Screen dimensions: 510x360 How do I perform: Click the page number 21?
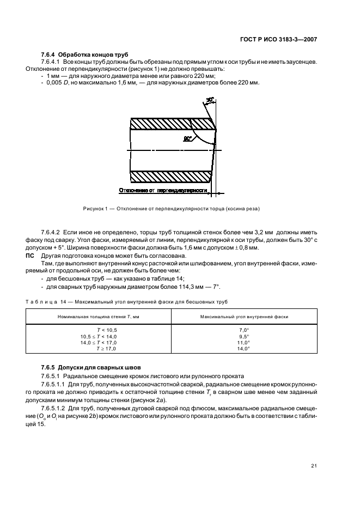click(314, 465)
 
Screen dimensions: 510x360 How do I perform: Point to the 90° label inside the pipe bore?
click(188, 139)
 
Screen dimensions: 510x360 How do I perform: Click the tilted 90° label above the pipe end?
click(210, 100)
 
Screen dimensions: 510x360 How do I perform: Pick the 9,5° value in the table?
click(243, 337)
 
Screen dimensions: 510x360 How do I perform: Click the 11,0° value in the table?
click(243, 343)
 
